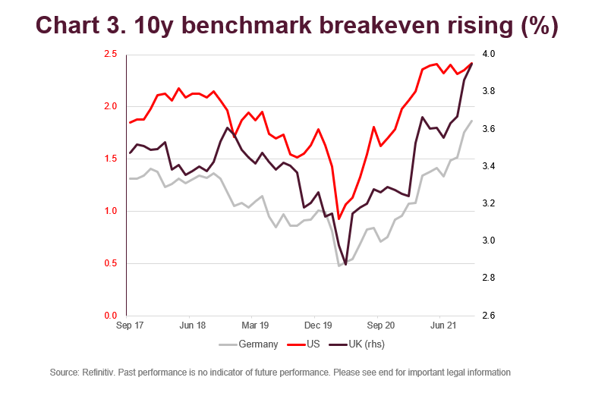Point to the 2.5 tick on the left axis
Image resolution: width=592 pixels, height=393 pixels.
coord(110,55)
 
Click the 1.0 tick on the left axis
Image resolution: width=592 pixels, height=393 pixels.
coord(110,211)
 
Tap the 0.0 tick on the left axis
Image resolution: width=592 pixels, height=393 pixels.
coord(110,316)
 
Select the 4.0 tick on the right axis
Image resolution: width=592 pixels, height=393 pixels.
coord(488,55)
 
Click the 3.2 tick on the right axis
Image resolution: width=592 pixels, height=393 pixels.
coord(488,203)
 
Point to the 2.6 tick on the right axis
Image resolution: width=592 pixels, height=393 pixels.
coord(488,316)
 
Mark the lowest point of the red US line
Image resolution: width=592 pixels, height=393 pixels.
coord(339,219)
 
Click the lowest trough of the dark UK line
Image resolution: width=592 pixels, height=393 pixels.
coord(346,265)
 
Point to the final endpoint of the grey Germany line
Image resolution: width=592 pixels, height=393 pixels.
coord(472,121)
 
